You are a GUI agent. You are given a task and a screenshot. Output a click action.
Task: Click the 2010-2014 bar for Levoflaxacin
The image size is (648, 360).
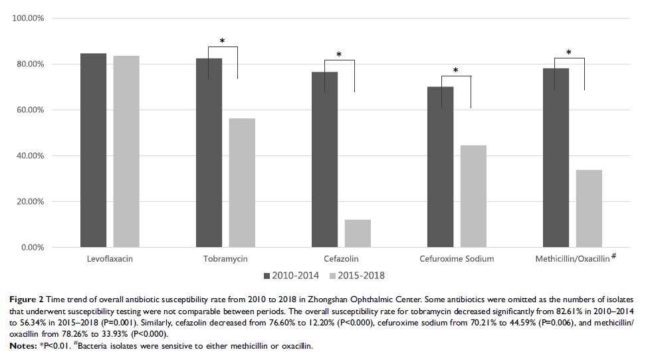click(93, 150)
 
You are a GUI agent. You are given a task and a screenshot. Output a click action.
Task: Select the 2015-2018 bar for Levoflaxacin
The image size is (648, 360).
click(126, 151)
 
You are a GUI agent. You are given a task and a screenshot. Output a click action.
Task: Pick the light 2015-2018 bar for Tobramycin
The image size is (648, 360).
click(242, 183)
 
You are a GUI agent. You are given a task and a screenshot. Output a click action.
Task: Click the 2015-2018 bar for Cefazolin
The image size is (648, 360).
click(358, 233)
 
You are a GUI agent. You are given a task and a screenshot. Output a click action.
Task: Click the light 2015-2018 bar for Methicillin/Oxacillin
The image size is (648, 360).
click(589, 209)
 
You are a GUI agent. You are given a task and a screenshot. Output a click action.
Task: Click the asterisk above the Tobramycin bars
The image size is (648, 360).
click(222, 42)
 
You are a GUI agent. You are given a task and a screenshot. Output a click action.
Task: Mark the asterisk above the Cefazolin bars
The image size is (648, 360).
click(339, 56)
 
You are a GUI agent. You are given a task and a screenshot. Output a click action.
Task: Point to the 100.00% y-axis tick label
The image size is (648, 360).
click(29, 18)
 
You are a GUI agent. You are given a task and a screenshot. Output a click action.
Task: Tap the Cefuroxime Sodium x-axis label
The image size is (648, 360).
click(457, 259)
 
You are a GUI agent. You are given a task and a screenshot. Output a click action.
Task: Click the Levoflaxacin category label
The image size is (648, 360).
click(110, 259)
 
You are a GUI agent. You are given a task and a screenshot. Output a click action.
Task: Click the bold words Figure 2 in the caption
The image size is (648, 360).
click(25, 301)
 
